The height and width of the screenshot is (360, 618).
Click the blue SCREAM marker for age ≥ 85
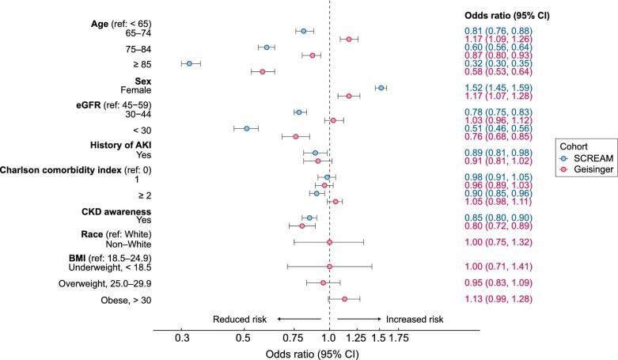pyautogui.click(x=189, y=63)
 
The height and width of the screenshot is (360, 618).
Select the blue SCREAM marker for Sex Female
pyautogui.click(x=381, y=88)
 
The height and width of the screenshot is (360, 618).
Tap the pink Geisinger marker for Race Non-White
pyautogui.click(x=329, y=242)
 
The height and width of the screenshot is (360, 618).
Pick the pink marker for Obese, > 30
pyautogui.click(x=344, y=299)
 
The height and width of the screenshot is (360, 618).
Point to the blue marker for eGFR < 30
pyautogui.click(x=246, y=128)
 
